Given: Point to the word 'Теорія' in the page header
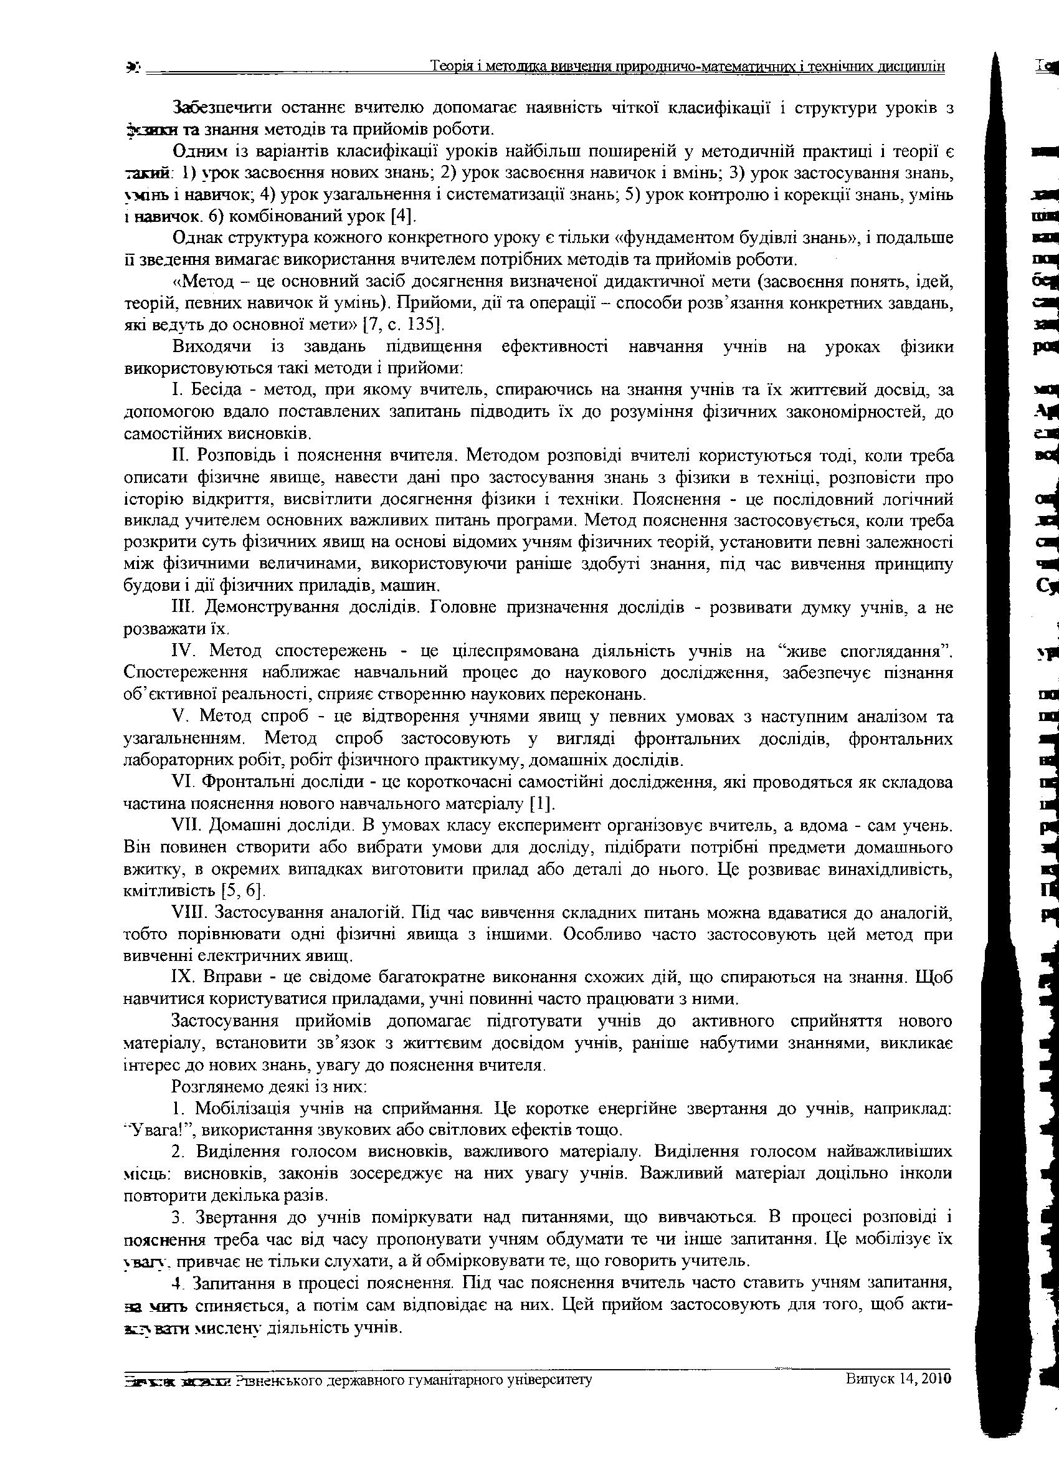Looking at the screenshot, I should [x=450, y=67].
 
